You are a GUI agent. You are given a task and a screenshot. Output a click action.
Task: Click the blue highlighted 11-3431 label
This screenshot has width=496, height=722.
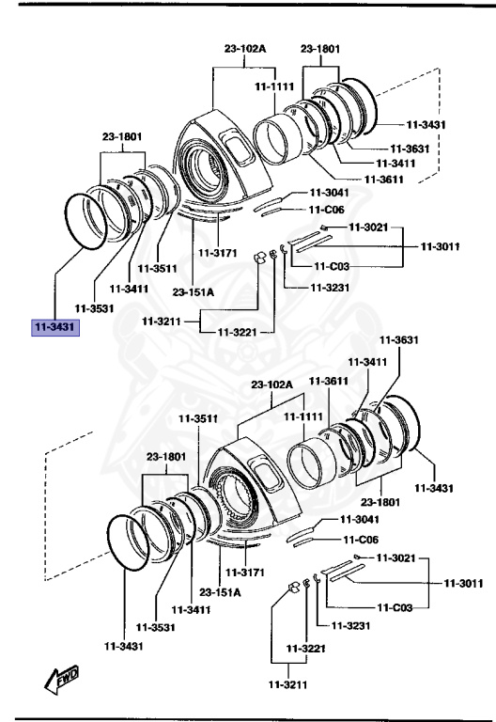(55, 327)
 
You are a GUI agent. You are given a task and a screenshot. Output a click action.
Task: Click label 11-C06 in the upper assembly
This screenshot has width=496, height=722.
(328, 210)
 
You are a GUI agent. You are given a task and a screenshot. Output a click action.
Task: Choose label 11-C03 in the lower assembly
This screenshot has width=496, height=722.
(394, 607)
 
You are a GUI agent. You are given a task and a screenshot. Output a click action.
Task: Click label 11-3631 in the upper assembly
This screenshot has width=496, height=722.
(410, 148)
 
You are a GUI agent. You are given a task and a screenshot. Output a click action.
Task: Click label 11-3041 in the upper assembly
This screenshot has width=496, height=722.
(328, 193)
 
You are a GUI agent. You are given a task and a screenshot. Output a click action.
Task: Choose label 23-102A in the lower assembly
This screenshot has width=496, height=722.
(271, 385)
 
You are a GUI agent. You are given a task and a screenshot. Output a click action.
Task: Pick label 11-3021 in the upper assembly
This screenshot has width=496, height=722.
(368, 228)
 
